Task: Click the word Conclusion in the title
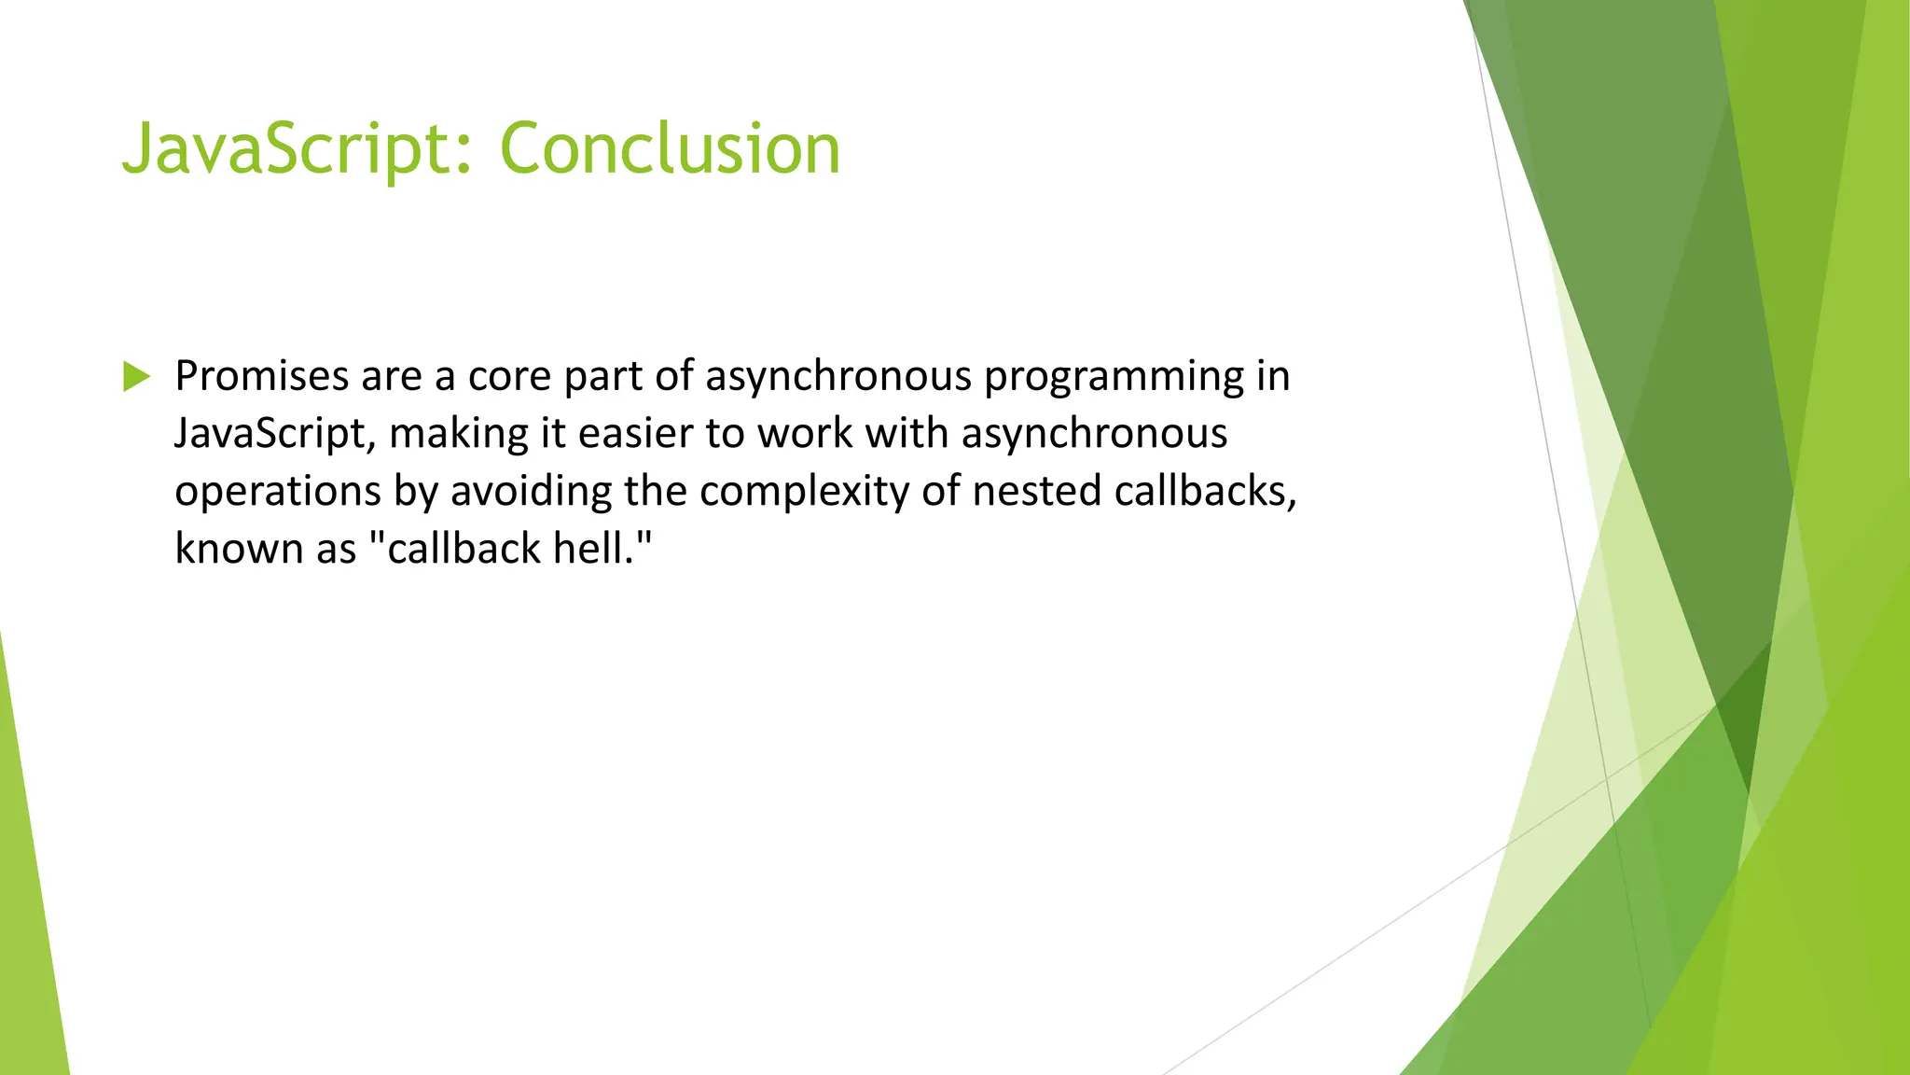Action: (x=670, y=149)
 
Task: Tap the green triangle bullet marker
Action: (x=136, y=377)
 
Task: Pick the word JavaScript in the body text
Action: (x=275, y=435)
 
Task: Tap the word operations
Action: (x=278, y=493)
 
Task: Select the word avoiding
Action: (x=531, y=492)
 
